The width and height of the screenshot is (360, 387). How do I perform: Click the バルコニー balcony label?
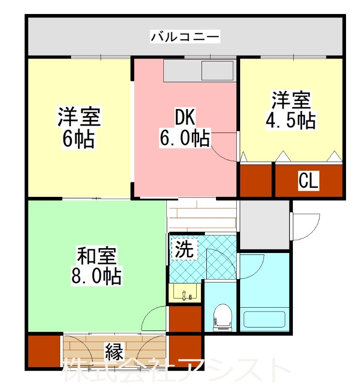click(x=185, y=36)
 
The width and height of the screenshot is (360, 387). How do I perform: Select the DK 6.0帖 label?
click(x=185, y=128)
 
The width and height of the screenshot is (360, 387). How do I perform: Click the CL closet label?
click(x=308, y=181)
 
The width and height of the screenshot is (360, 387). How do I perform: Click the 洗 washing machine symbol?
click(x=184, y=249)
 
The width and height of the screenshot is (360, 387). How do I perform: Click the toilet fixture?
click(x=222, y=317)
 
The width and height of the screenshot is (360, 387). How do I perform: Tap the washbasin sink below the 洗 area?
click(x=185, y=293)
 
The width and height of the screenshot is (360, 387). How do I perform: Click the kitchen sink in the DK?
click(x=217, y=71)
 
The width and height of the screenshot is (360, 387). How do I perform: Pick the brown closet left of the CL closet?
click(x=256, y=181)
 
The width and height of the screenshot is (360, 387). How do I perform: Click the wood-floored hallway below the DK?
click(x=202, y=216)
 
